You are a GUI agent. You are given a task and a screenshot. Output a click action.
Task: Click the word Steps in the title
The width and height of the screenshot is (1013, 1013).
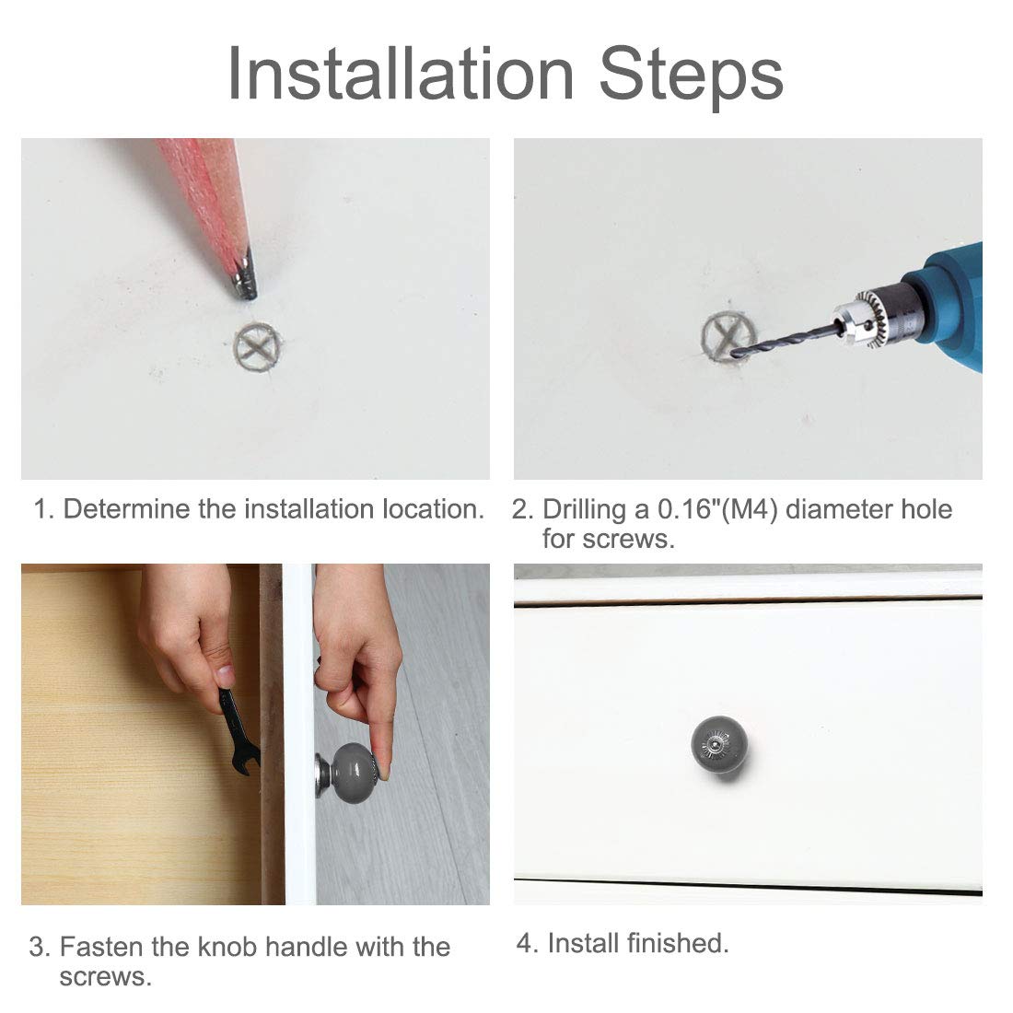point(692,77)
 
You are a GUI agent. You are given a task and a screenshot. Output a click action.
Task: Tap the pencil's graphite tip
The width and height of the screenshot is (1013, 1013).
point(246,285)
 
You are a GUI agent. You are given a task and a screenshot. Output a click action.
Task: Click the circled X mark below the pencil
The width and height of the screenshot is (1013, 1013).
point(258,347)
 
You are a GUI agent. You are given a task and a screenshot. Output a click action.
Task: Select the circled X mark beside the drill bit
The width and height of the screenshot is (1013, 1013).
point(728,336)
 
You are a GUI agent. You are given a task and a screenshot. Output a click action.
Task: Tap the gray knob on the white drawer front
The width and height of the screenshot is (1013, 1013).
point(719,745)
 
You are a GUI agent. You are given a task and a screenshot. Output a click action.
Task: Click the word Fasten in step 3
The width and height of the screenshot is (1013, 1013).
point(102,947)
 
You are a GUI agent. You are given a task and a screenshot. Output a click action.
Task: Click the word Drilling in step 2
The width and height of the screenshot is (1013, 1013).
point(584,510)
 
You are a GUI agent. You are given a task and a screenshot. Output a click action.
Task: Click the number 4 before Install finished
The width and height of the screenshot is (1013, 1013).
point(525,944)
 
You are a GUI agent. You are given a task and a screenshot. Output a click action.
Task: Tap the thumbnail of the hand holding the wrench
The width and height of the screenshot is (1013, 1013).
point(224,676)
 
